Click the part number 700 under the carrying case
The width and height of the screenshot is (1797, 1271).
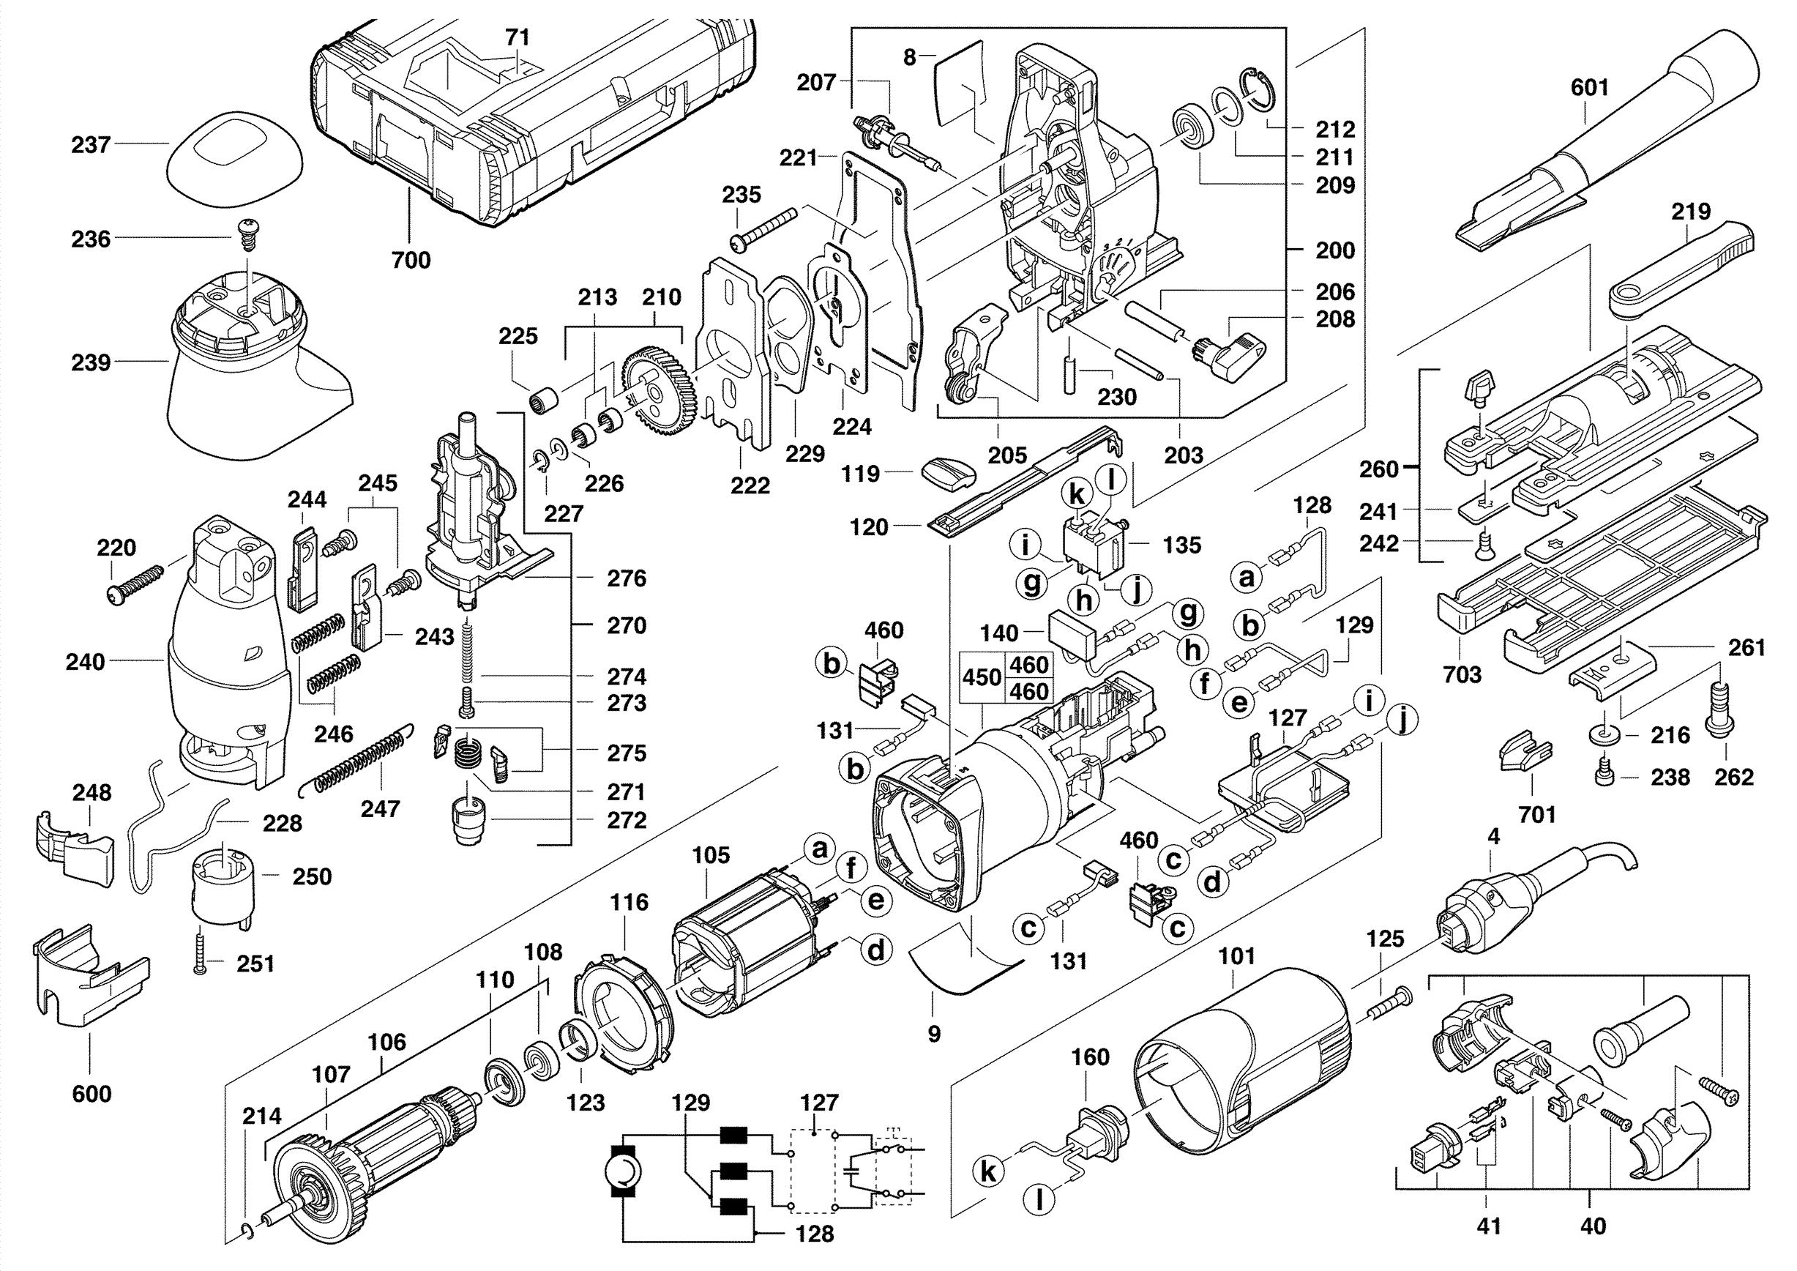410,260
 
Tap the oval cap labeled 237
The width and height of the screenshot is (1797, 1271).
235,160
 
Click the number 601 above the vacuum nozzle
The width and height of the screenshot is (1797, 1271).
1590,88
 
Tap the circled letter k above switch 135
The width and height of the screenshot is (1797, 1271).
1077,494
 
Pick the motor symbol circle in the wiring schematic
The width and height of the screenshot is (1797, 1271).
624,1172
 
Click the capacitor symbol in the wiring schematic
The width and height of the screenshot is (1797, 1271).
852,1172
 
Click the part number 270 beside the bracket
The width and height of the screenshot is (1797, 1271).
626,625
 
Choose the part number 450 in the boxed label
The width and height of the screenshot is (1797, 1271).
982,677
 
